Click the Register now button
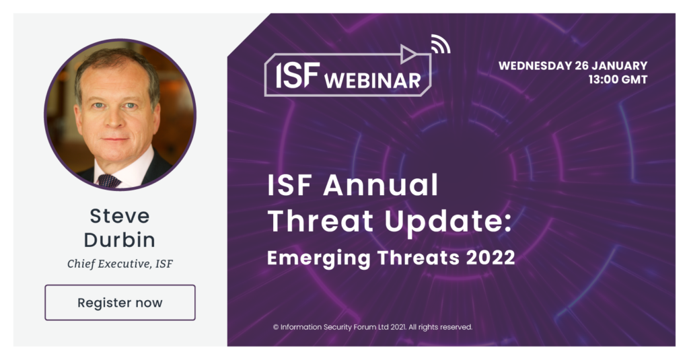click(x=120, y=303)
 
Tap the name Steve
click(x=120, y=216)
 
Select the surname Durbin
click(x=120, y=240)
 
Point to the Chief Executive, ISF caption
click(x=120, y=264)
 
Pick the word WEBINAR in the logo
click(x=372, y=81)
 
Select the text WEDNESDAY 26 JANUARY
click(x=573, y=66)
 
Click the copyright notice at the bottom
click(x=372, y=327)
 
